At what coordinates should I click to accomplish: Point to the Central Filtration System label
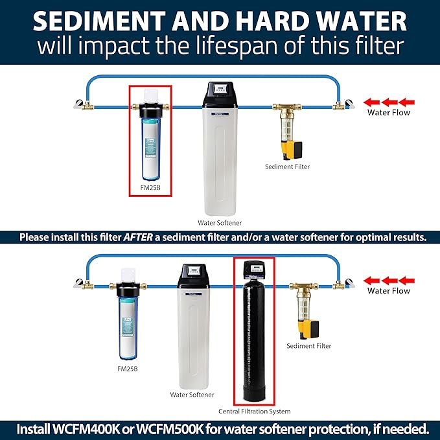[253, 411]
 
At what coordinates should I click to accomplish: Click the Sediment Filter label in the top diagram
[287, 167]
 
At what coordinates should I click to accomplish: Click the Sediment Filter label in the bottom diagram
[308, 346]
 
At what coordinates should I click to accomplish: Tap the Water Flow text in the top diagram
[389, 112]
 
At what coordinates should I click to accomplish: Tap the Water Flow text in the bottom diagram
[389, 291]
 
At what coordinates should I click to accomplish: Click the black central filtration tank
[253, 343]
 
